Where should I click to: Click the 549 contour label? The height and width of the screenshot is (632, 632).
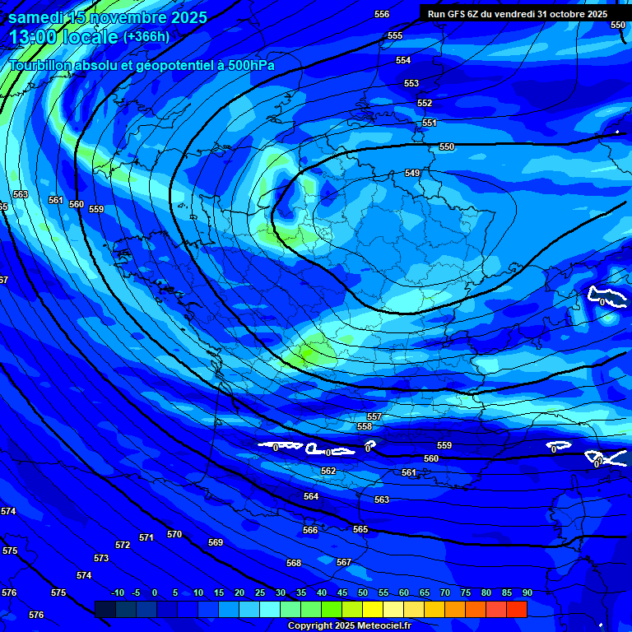pos(412,173)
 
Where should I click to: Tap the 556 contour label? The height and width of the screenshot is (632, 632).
pos(382,14)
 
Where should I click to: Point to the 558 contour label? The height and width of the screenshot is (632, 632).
pos(365,426)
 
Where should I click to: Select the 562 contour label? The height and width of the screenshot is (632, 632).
pos(328,471)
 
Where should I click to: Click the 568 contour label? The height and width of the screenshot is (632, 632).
pos(294,563)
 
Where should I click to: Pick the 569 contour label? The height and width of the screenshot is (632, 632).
pos(216,542)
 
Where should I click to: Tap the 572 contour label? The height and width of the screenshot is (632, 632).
pos(123,545)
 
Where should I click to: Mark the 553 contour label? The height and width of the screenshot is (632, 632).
pos(411,83)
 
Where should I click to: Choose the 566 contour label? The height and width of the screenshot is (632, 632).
pos(310,530)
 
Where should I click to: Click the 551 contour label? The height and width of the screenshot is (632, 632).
pos(430,123)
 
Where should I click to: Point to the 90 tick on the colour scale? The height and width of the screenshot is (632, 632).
pos(527,592)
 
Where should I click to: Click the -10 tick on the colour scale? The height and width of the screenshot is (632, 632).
pos(117,592)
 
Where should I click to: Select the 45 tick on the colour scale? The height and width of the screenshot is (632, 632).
pos(342,592)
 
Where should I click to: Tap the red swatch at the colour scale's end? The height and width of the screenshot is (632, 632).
pos(516,609)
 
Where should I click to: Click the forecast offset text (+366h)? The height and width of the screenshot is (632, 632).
pos(146,36)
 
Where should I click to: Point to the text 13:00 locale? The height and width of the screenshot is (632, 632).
pos(63,36)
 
